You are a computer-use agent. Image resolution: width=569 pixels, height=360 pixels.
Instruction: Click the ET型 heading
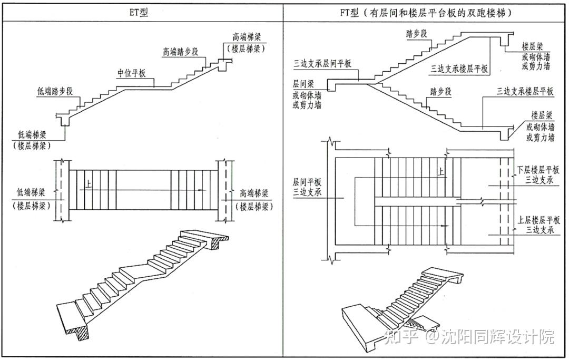[138, 12]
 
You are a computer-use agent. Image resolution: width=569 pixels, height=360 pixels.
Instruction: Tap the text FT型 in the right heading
[349, 13]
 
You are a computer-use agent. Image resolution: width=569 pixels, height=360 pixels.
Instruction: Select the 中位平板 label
[131, 73]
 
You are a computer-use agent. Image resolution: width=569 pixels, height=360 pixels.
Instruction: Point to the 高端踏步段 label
[180, 52]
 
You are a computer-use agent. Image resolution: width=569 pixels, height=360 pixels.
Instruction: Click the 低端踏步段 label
[55, 91]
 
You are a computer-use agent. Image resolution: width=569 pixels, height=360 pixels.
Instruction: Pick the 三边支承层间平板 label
[322, 63]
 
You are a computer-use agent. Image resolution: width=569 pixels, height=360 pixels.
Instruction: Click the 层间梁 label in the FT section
[303, 84]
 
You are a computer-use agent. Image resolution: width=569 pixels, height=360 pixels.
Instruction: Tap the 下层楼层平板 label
[538, 170]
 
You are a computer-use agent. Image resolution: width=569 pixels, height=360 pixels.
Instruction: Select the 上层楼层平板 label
[539, 220]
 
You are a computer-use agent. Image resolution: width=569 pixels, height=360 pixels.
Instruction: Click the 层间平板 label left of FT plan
[307, 182]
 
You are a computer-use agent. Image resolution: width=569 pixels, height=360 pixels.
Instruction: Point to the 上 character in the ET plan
[88, 184]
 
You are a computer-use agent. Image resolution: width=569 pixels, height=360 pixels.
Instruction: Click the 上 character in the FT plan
[440, 171]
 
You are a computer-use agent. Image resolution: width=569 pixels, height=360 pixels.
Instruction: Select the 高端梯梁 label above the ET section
[247, 37]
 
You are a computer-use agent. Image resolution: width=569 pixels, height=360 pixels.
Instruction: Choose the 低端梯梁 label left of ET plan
[32, 192]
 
